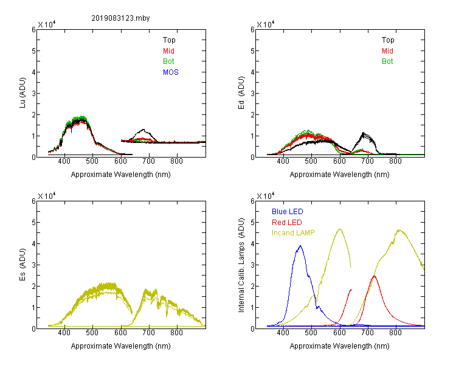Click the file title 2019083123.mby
click(120, 18)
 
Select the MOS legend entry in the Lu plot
click(171, 72)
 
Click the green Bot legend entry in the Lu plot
click(168, 61)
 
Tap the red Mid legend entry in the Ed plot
click(387, 51)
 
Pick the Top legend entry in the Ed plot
click(388, 40)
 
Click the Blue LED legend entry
click(288, 212)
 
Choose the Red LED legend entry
click(287, 223)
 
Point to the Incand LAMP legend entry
click(293, 233)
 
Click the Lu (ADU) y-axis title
click(22, 93)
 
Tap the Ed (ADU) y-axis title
click(241, 93)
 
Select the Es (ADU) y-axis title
click(22, 265)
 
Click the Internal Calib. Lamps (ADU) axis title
click(241, 265)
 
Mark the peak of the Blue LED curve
click(300, 246)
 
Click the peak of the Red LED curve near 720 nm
click(374, 276)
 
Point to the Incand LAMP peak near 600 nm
click(339, 229)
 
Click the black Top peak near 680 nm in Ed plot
click(363, 133)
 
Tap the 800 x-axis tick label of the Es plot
click(176, 333)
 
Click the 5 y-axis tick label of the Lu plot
click(33, 51)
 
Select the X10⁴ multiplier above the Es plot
click(47, 196)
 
